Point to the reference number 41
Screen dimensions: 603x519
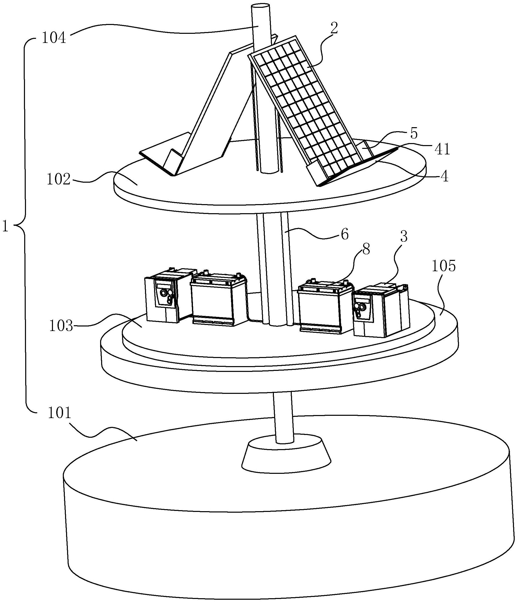click(x=442, y=150)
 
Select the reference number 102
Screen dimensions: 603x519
click(x=59, y=180)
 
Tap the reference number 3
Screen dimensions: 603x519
click(x=403, y=237)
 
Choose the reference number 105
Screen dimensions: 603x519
click(x=443, y=266)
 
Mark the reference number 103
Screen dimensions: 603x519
click(x=61, y=326)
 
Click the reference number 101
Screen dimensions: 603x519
click(x=59, y=413)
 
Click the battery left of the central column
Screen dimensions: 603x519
click(x=218, y=300)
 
